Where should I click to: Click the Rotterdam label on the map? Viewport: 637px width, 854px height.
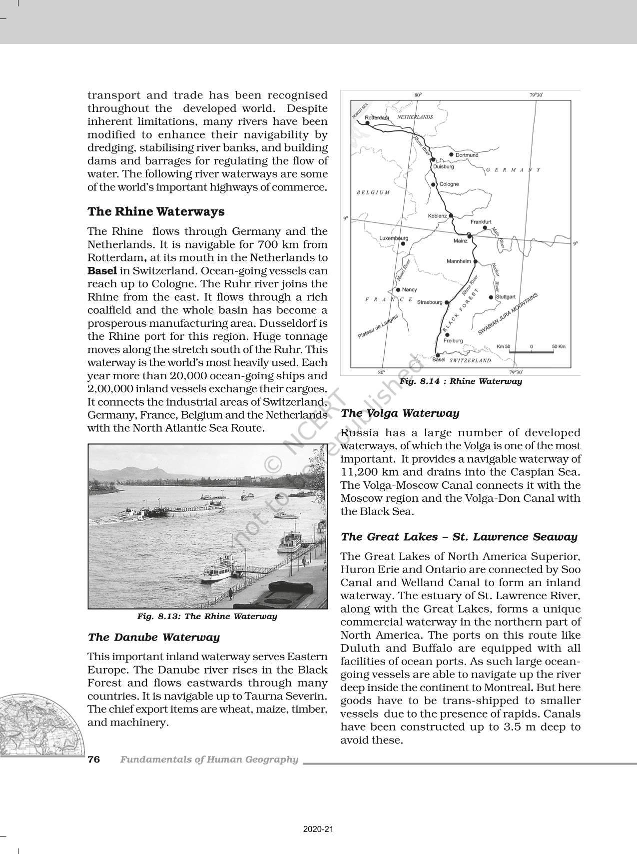point(377,117)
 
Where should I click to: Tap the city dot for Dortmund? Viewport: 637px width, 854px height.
point(451,155)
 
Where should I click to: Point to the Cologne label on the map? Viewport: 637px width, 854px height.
point(449,184)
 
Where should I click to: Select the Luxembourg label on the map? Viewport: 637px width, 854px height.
point(394,238)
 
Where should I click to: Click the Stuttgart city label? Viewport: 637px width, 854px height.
point(505,297)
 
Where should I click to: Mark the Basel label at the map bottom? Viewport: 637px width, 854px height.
point(438,359)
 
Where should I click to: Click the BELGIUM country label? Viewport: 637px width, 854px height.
point(373,192)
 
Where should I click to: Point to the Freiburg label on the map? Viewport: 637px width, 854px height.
point(453,341)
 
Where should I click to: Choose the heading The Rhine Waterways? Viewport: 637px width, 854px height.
point(156,211)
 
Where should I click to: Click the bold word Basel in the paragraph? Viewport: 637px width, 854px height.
point(102,271)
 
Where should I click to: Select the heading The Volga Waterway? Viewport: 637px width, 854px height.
point(400,413)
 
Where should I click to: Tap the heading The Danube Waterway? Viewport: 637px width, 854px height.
point(153,637)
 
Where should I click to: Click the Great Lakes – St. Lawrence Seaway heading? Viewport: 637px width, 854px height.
point(459,537)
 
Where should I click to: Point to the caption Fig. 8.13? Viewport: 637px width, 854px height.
point(207,616)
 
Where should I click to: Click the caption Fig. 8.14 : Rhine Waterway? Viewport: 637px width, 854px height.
point(460,381)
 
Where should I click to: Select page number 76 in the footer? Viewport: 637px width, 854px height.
point(94,760)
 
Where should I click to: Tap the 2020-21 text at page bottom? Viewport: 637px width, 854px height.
point(318,830)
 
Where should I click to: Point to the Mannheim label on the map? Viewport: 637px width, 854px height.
point(458,261)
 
